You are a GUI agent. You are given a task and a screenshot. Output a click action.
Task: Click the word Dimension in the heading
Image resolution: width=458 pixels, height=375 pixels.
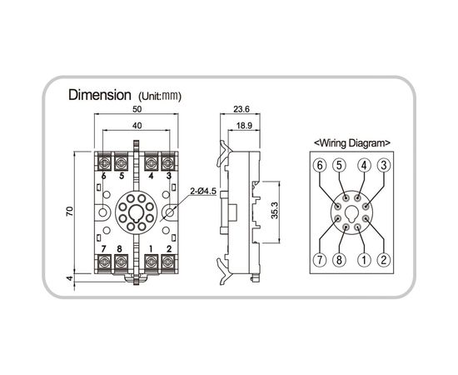(100, 95)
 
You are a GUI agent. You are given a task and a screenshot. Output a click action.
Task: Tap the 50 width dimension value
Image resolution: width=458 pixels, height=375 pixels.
(137, 109)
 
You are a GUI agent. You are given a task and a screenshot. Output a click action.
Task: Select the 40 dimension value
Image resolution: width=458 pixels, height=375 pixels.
(137, 126)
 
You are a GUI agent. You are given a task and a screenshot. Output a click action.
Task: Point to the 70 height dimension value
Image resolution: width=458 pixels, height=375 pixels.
(70, 211)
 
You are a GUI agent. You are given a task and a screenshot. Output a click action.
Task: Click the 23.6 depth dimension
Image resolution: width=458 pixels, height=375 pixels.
(241, 109)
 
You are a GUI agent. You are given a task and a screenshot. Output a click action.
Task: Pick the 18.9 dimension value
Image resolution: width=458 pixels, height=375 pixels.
(244, 126)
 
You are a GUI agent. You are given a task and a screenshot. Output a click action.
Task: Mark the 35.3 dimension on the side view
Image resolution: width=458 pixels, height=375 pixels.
(275, 211)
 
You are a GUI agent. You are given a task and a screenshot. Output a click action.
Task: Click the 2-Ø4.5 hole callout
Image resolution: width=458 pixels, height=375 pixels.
(203, 192)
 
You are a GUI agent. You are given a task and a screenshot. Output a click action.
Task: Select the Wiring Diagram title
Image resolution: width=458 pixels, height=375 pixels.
(351, 143)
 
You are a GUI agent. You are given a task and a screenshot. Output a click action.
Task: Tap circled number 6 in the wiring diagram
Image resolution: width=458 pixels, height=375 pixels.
(320, 166)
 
